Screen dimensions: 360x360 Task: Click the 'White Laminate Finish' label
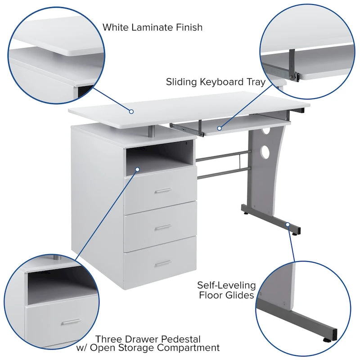[x=152, y=27]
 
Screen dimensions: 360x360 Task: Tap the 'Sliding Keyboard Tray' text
[x=216, y=82]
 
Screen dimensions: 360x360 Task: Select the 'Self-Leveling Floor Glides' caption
[x=226, y=290]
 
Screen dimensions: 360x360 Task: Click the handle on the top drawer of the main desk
[x=162, y=191]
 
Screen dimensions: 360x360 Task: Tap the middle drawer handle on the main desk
[x=162, y=227]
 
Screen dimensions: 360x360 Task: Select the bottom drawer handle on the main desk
[x=162, y=263]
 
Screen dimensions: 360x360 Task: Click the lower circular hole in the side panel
[x=265, y=152]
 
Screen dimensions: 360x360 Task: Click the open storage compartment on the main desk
[x=160, y=157]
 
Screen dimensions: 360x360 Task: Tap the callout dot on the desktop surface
[x=131, y=111]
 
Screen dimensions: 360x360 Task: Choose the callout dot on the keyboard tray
[x=220, y=128]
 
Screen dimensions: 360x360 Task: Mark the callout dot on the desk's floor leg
[x=288, y=224]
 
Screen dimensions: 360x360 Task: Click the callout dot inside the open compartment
[x=137, y=170]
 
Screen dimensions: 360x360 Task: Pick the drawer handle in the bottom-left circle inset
[x=71, y=322]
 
